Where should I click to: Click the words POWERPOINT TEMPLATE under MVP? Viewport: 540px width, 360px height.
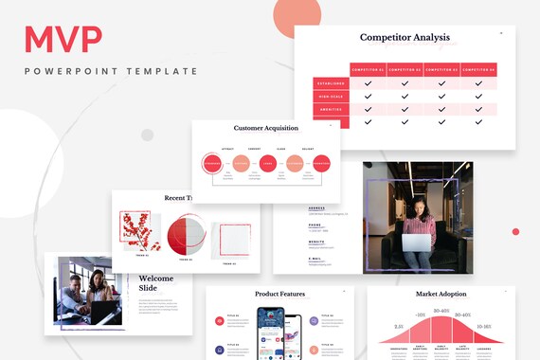(111, 71)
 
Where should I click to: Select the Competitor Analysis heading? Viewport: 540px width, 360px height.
(405, 38)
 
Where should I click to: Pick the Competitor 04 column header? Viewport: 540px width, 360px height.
(477, 69)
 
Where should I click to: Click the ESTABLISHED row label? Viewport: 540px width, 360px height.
(330, 83)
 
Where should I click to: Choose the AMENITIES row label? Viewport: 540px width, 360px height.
(330, 109)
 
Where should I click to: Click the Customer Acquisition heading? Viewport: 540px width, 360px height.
(266, 128)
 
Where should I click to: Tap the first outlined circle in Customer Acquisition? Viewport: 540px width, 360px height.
(212, 163)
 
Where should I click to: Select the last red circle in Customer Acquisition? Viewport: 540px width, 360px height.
(321, 163)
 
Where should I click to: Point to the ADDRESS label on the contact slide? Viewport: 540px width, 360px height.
(315, 208)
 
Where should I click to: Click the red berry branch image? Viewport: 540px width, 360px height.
(139, 231)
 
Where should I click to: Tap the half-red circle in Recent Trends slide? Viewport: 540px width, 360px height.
(184, 235)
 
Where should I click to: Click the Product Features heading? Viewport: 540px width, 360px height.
(280, 295)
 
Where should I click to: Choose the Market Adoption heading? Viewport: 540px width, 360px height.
(441, 295)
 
